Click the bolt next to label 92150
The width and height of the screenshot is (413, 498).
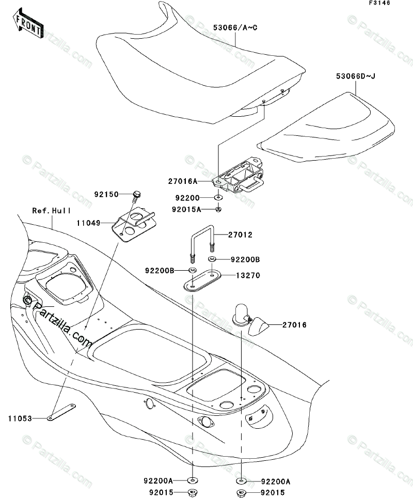click(137, 196)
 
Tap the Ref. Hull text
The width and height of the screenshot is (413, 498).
click(52, 211)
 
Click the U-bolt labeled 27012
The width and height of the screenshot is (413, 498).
click(201, 242)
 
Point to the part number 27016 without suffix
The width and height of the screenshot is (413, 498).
click(294, 325)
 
